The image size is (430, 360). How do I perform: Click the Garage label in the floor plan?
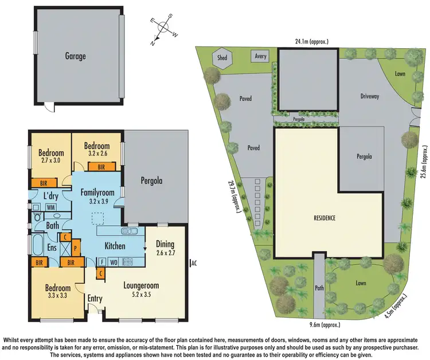pos(75,56)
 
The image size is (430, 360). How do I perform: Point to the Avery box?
pos(261,56)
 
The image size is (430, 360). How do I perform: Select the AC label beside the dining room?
pos(194,263)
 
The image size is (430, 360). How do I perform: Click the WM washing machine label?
pos(50,206)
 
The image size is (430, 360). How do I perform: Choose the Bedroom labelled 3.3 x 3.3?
pos(58,292)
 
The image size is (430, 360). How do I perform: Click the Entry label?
pos(95,299)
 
